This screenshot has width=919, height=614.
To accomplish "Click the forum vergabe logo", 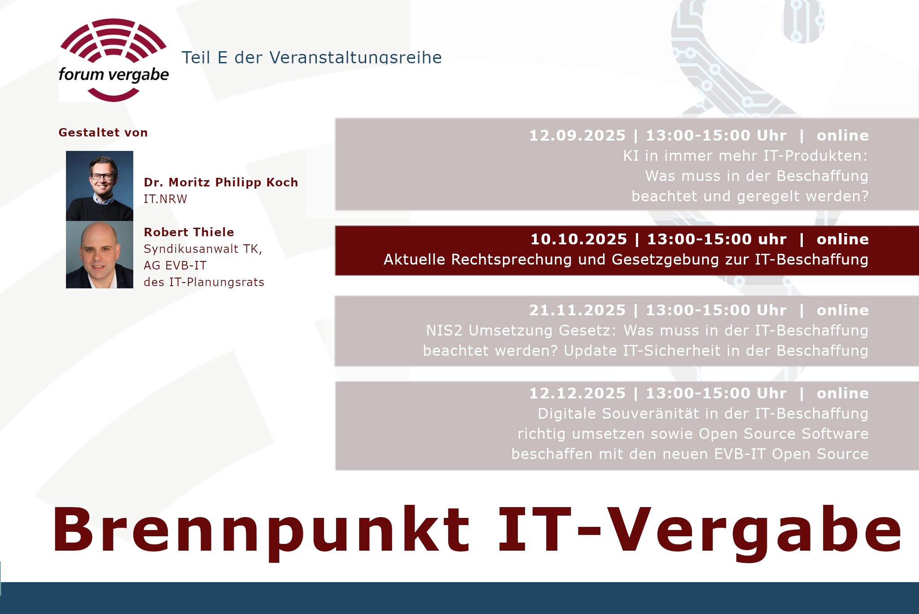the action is click(114, 60).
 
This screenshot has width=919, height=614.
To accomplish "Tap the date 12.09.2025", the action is click(577, 135).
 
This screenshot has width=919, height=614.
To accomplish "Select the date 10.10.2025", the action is click(578, 239).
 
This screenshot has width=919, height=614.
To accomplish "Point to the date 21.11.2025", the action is click(577, 310).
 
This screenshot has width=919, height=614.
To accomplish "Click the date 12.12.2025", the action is click(577, 393).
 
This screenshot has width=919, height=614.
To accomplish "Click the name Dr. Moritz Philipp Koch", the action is click(221, 182).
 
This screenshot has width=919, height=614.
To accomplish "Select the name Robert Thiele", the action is click(189, 232).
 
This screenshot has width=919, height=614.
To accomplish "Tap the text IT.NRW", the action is click(165, 199).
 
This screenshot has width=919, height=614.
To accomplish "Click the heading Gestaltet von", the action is click(103, 133).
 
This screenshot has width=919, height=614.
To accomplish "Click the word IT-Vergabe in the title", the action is click(700, 530).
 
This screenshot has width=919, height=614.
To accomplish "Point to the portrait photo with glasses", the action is click(100, 186).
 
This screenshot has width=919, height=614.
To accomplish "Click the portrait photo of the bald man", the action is click(100, 255).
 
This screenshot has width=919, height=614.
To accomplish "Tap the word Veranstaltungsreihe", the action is click(355, 57).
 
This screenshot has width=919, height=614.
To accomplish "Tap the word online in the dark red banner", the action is click(843, 239).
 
